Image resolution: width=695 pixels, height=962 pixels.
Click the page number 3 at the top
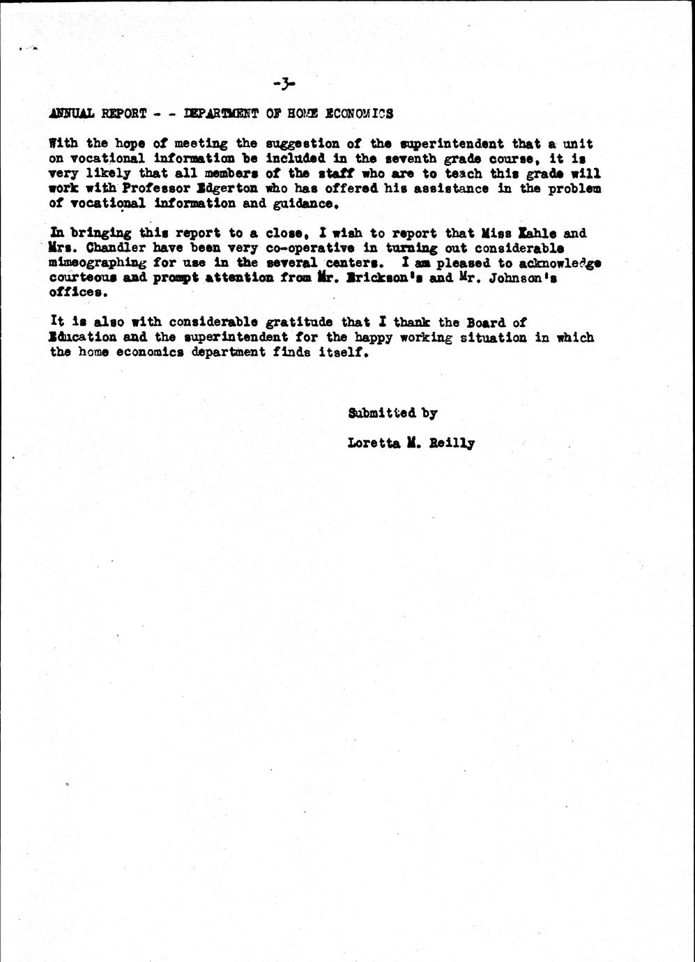tap(284, 84)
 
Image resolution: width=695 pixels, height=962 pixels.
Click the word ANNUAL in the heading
tap(72, 114)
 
